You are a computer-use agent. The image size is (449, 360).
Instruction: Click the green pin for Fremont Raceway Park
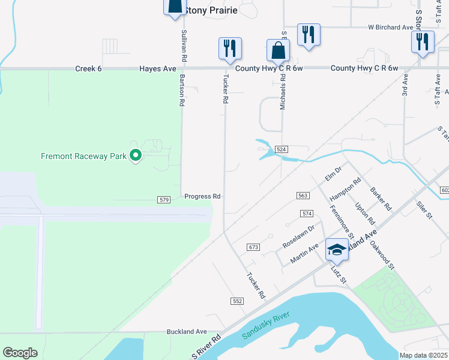136,156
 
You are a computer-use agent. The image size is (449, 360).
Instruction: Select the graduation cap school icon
337,249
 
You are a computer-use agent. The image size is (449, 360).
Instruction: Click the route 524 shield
281,149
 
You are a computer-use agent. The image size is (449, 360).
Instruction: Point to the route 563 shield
303,196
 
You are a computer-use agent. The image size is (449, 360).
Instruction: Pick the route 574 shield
307,214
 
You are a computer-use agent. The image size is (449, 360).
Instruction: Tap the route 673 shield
253,247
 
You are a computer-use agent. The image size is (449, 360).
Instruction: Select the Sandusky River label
266,325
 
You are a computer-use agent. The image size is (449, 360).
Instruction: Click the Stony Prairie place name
211,10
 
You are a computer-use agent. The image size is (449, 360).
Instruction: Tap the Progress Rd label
202,196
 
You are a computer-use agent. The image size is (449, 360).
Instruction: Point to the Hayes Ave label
158,69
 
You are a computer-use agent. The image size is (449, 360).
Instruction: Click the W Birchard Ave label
391,28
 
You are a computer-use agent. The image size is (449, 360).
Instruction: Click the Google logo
20,353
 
